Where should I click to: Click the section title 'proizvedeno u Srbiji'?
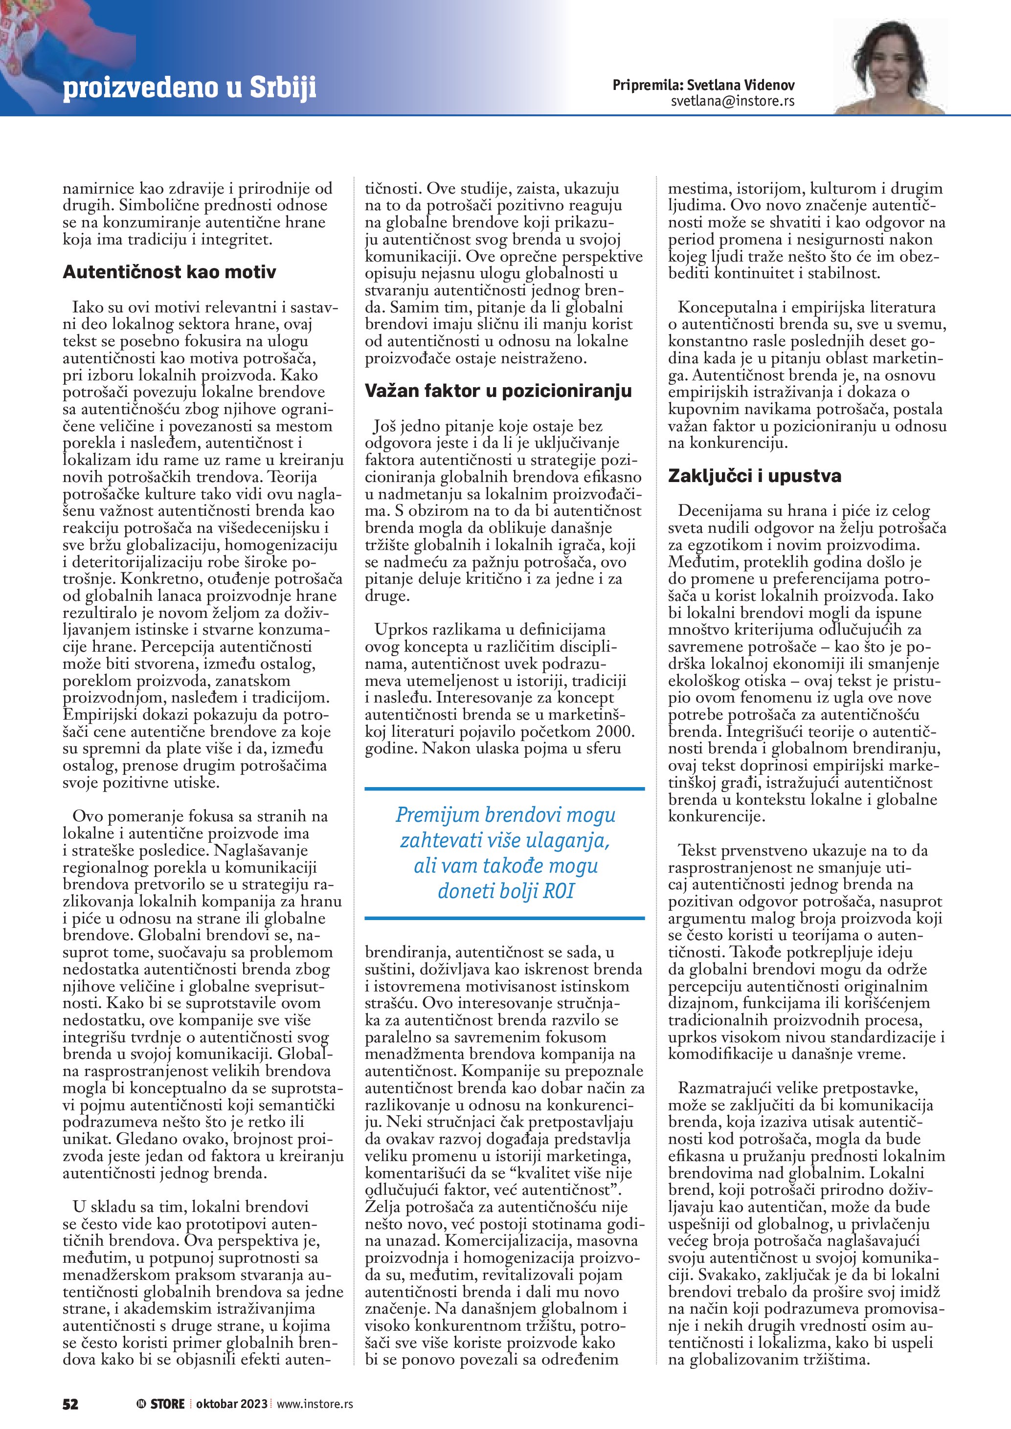click(189, 88)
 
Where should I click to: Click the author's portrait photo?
click(890, 66)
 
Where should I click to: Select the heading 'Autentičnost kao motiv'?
click(169, 272)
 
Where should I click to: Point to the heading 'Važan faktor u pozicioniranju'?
click(498, 391)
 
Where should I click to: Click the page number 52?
click(70, 1404)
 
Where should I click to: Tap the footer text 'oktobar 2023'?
click(231, 1404)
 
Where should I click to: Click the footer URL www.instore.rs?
click(315, 1404)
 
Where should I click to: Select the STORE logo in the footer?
click(161, 1404)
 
